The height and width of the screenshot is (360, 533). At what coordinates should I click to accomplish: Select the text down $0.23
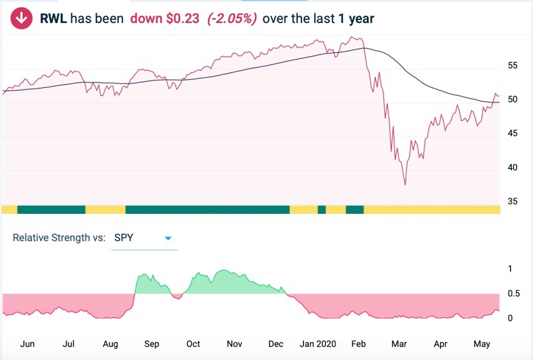154,18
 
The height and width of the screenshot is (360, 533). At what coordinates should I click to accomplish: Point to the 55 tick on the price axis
513,66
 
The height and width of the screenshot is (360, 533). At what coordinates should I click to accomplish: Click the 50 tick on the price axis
513,101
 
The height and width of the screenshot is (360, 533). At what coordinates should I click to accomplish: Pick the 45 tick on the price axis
513,135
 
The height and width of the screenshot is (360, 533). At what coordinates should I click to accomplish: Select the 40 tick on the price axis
513,170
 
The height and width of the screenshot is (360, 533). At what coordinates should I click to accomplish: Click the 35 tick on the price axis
513,201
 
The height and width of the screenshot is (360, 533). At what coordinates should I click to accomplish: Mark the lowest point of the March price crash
405,184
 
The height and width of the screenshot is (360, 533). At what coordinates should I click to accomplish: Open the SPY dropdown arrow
168,238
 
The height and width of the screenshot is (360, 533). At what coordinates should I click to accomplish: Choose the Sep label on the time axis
151,344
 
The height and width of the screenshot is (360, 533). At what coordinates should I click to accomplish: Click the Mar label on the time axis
400,344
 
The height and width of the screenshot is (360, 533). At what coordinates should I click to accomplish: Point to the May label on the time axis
483,344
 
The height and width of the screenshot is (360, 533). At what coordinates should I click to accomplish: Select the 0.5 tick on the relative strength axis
515,294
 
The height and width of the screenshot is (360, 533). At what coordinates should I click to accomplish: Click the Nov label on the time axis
234,344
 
